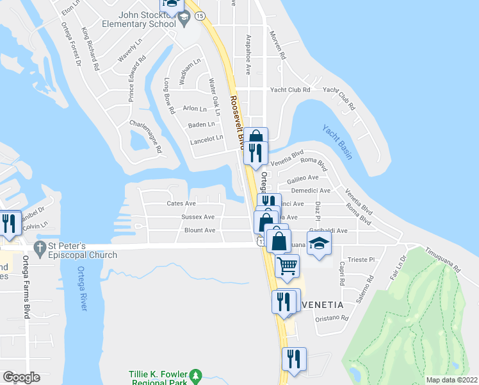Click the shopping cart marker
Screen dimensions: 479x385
(x=288, y=264)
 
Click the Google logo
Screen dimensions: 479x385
(x=21, y=377)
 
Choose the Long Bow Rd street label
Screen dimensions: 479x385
(x=168, y=96)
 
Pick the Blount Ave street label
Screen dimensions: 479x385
(x=199, y=230)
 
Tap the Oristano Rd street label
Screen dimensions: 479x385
(x=332, y=318)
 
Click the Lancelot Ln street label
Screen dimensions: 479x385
(x=206, y=137)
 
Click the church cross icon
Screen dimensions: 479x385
(x=40, y=248)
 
